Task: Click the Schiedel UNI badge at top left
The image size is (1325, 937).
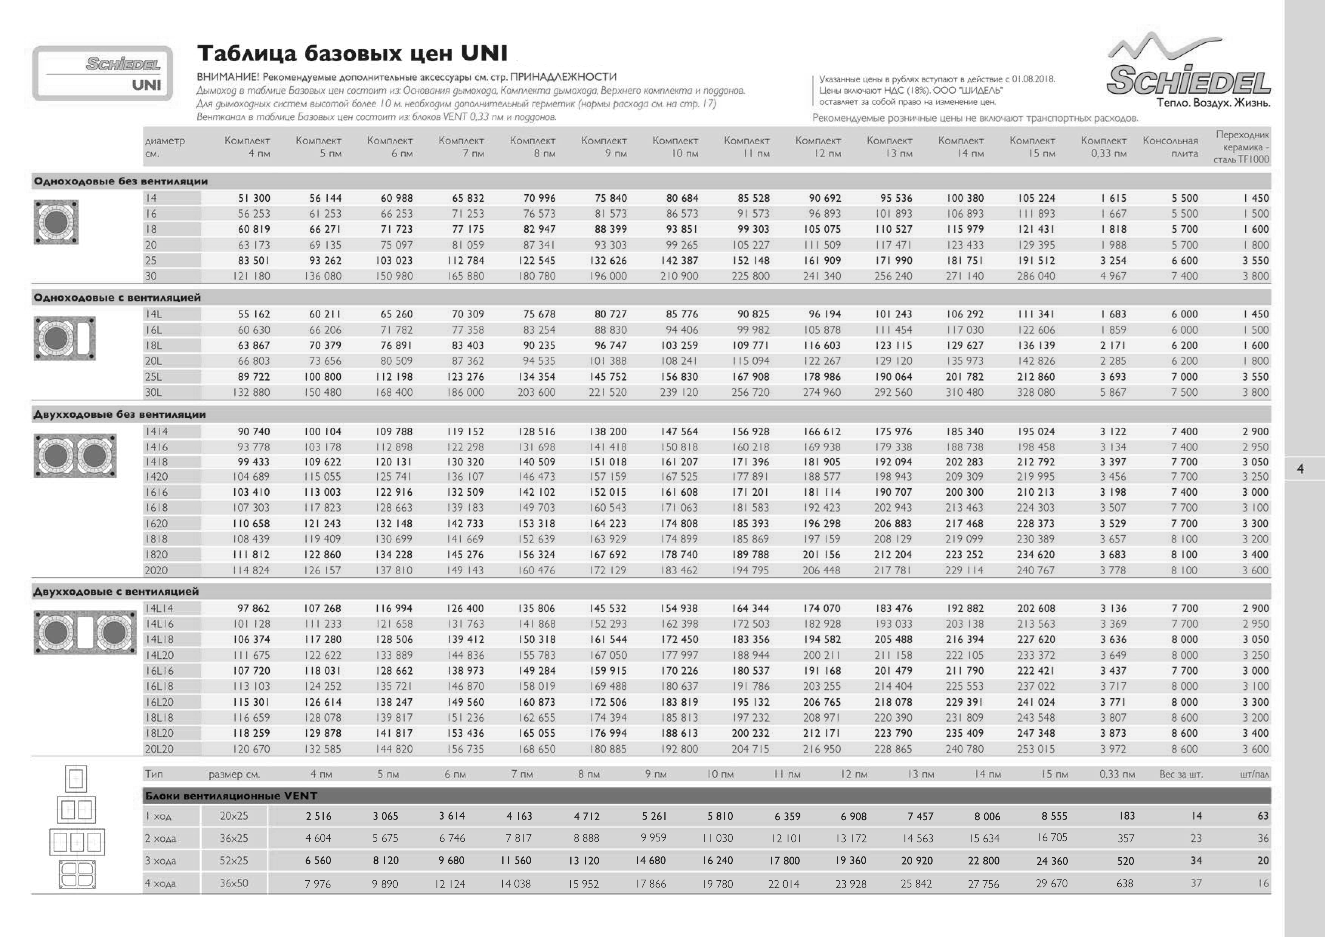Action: (x=103, y=73)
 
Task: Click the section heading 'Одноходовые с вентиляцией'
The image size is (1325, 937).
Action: (x=117, y=298)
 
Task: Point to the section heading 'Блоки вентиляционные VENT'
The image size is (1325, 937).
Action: (x=231, y=796)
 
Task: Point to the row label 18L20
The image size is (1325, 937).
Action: (x=159, y=733)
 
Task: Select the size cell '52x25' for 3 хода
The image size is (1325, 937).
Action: (x=234, y=861)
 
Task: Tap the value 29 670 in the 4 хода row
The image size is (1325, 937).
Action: (x=1052, y=884)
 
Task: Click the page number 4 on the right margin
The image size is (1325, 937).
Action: (x=1300, y=469)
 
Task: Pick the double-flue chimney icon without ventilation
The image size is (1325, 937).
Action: (x=75, y=456)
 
